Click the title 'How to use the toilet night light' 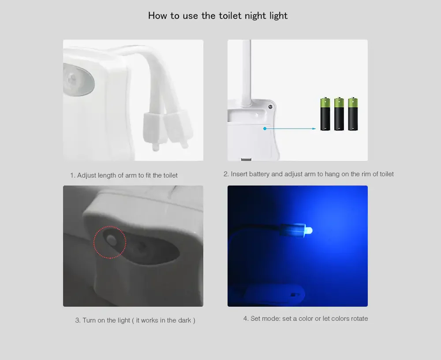tap(218, 16)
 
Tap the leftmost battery tap(325, 114)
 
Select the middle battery tap(339, 114)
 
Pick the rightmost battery tap(353, 114)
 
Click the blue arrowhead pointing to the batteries tap(314, 129)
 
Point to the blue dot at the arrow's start tap(265, 128)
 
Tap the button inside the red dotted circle tap(112, 240)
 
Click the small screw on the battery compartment tap(270, 107)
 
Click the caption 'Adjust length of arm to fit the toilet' tap(127, 175)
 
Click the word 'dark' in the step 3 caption tap(184, 320)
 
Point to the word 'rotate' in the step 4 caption tap(359, 319)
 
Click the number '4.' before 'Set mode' tap(246, 319)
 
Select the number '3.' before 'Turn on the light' tap(78, 320)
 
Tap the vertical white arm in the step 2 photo tap(246, 73)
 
